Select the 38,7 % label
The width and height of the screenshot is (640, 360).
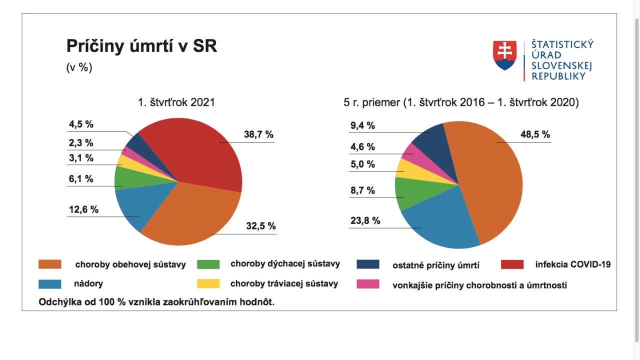[258, 134]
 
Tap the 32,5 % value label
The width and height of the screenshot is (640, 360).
[260, 226]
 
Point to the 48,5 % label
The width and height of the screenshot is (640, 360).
[535, 134]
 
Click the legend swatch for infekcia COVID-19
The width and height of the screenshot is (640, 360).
[511, 264]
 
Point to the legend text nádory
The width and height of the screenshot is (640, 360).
[89, 284]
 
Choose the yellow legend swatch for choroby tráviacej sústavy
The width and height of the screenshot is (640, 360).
[208, 284]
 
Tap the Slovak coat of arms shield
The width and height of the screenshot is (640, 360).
[504, 55]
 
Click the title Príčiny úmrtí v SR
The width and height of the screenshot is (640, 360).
[141, 46]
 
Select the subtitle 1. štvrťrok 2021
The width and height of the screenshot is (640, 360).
[176, 102]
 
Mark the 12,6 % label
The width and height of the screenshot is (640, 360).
[83, 209]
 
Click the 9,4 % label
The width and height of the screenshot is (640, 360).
[362, 125]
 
